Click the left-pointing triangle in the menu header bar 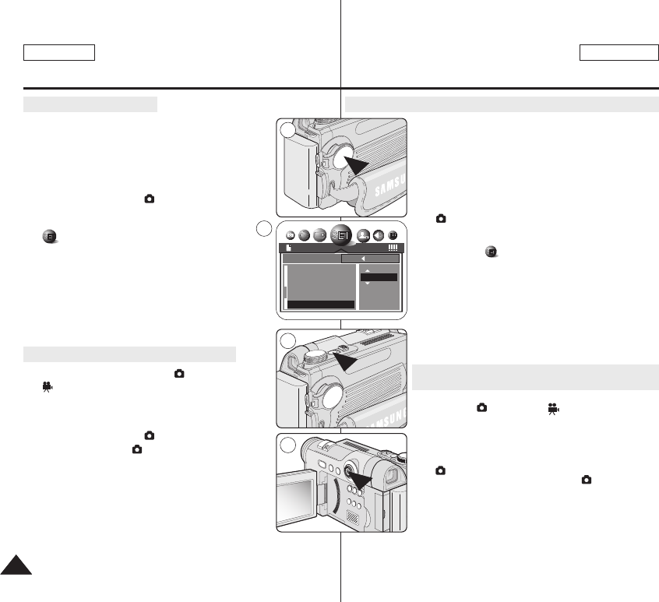coord(362,259)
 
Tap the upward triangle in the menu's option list coord(367,269)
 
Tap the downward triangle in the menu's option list coord(367,283)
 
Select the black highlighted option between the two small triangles coord(379,276)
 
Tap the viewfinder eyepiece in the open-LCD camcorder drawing coord(389,474)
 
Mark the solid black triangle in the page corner coord(15,565)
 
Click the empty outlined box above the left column coord(59,52)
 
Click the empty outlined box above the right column coord(619,52)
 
